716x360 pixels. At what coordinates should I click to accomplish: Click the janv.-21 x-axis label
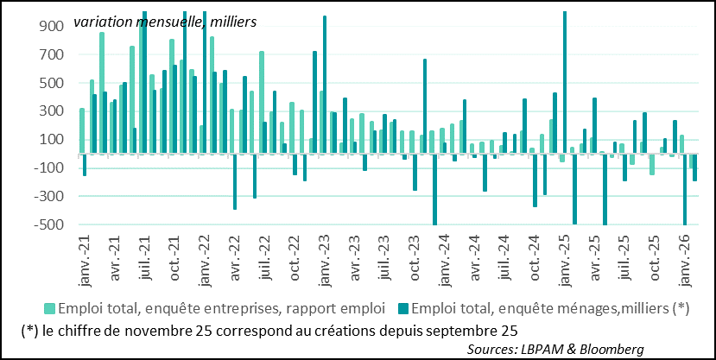coord(83,260)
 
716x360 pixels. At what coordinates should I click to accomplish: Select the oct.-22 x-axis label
coord(294,260)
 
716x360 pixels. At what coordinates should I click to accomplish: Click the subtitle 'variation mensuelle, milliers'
coord(164,21)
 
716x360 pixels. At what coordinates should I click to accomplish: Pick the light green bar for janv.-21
coord(81,130)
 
